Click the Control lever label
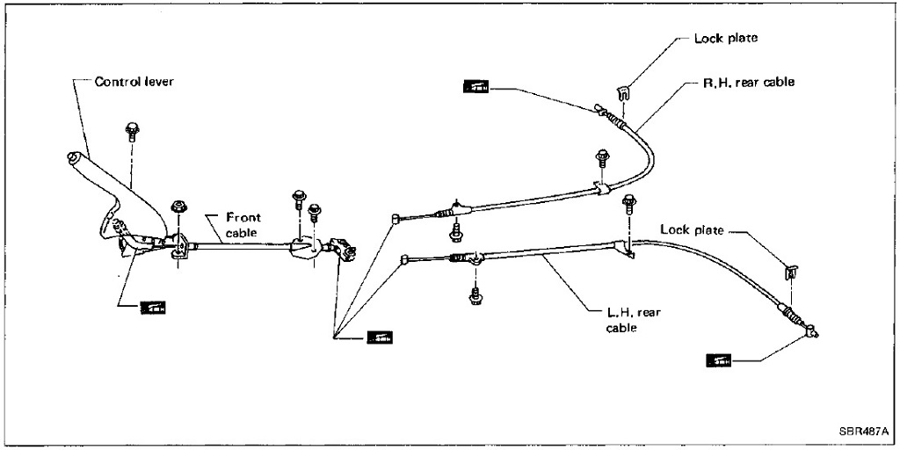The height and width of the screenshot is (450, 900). click(x=134, y=82)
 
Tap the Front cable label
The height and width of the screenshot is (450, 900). click(x=243, y=225)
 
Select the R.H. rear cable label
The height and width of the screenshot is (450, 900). click(x=748, y=82)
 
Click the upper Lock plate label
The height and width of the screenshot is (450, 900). click(x=725, y=39)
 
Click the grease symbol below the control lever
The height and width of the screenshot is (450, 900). click(x=153, y=307)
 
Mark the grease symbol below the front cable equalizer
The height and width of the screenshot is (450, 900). click(x=380, y=337)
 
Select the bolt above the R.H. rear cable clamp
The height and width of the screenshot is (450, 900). click(x=602, y=159)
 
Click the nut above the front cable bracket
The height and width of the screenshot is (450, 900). click(x=178, y=207)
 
